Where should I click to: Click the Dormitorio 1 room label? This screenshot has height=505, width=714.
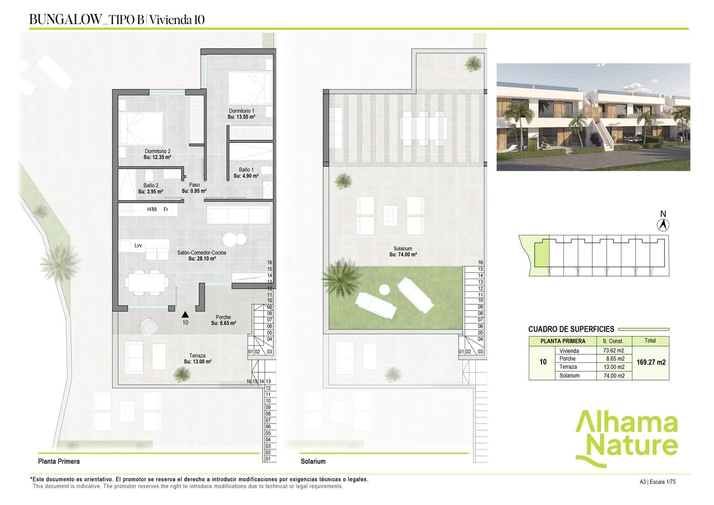coord(242,111)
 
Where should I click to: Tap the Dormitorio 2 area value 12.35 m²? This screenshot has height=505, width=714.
coord(157,157)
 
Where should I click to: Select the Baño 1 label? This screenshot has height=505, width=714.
coord(246,170)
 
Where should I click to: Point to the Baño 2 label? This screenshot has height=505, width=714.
coord(151,185)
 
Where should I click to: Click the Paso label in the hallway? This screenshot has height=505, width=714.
coord(194,185)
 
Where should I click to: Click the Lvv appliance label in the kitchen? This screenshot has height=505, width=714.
coord(138,245)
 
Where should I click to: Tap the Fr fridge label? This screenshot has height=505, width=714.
coord(166,210)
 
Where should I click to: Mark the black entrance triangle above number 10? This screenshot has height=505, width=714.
coord(185,315)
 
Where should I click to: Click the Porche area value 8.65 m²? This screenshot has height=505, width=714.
coord(223,323)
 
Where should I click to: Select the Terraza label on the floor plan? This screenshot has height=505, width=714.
coord(197,355)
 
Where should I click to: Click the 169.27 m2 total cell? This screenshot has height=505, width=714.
coord(650,362)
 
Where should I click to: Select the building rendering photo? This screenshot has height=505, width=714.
coord(593,117)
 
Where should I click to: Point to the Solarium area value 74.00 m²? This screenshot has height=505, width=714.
coord(403,254)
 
